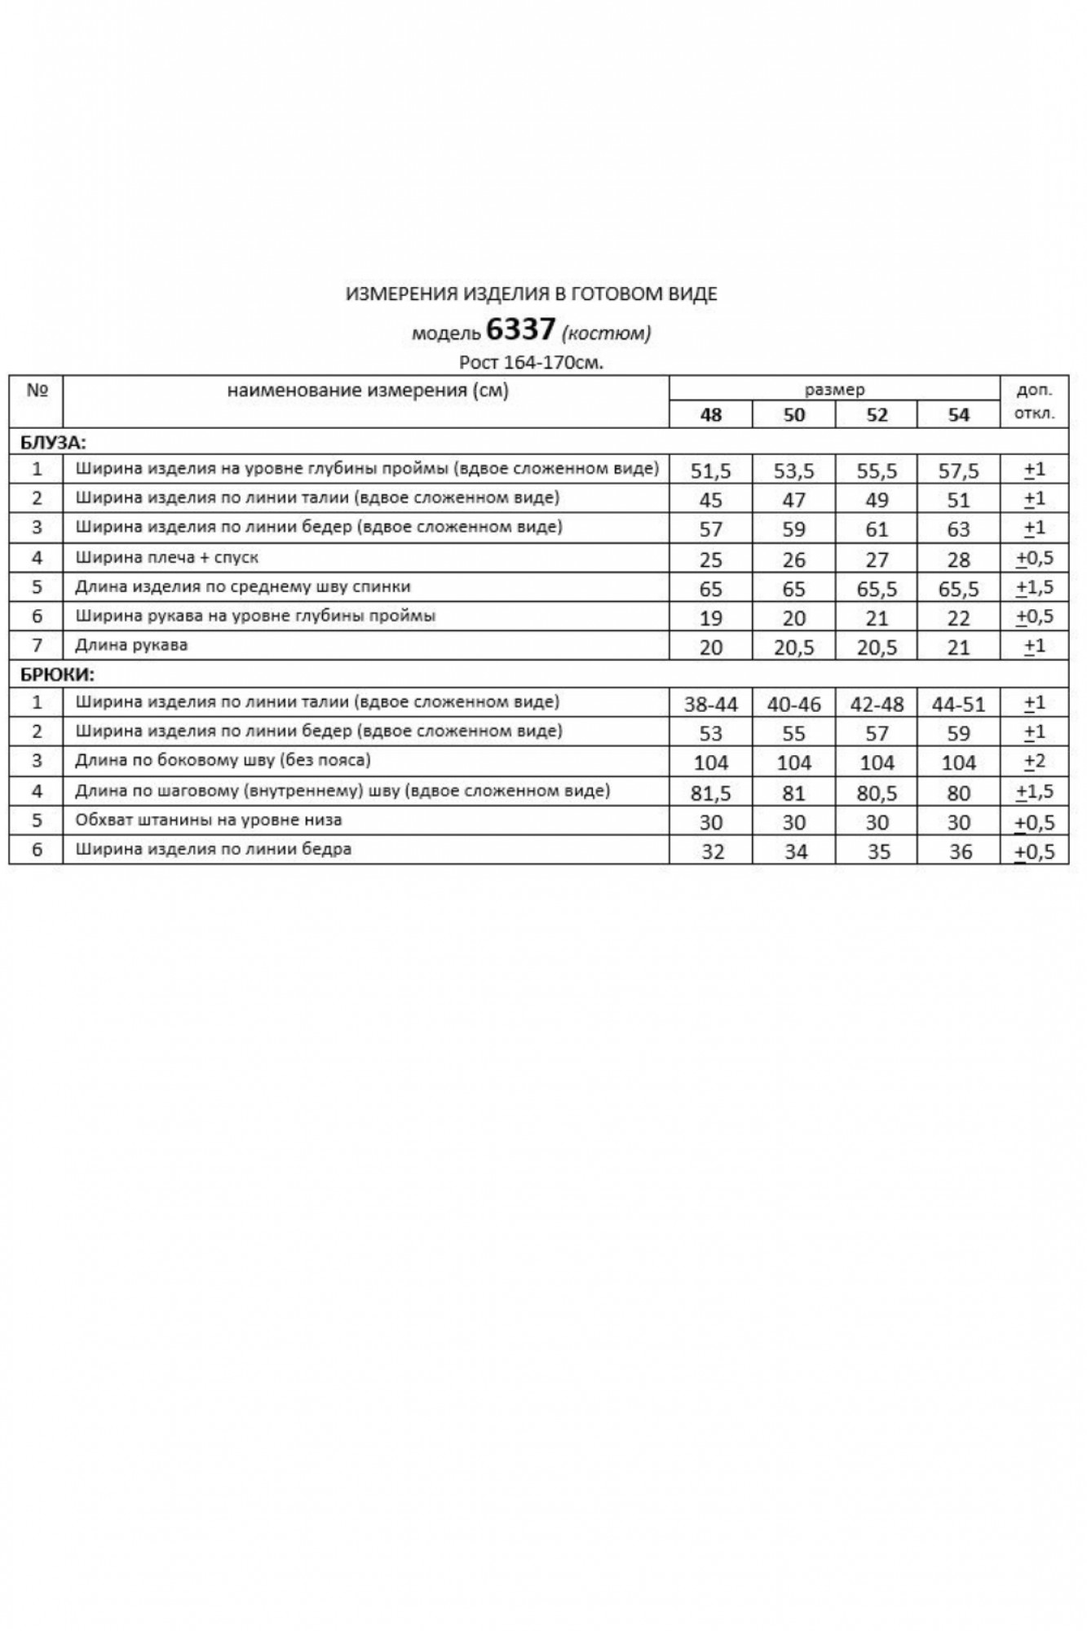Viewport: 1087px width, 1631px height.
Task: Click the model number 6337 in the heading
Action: point(520,329)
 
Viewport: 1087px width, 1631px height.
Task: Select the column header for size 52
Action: point(877,415)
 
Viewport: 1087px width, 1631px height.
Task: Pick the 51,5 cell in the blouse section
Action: point(710,471)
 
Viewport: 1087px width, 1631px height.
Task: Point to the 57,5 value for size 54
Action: point(958,471)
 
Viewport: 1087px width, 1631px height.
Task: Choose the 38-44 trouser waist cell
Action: point(710,704)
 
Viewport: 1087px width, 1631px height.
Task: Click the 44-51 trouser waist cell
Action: point(958,704)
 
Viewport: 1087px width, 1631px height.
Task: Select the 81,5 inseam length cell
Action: point(710,793)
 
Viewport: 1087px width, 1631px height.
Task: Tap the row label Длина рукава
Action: point(131,645)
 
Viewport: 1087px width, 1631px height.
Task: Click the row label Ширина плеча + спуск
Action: point(166,558)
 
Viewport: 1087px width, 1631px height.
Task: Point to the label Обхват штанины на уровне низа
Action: point(208,820)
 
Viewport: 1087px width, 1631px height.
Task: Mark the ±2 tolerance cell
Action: point(1034,762)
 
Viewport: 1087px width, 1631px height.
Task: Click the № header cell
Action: point(37,390)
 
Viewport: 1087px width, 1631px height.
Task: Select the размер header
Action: point(834,390)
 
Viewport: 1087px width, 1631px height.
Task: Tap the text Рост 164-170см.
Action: point(531,363)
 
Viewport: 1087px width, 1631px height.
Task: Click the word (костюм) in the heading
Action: point(607,333)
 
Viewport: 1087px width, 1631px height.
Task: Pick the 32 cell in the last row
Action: point(712,851)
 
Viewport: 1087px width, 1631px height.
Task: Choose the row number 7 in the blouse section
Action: point(37,645)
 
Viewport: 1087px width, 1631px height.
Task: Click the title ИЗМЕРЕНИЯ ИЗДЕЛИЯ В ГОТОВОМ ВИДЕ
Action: point(531,294)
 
